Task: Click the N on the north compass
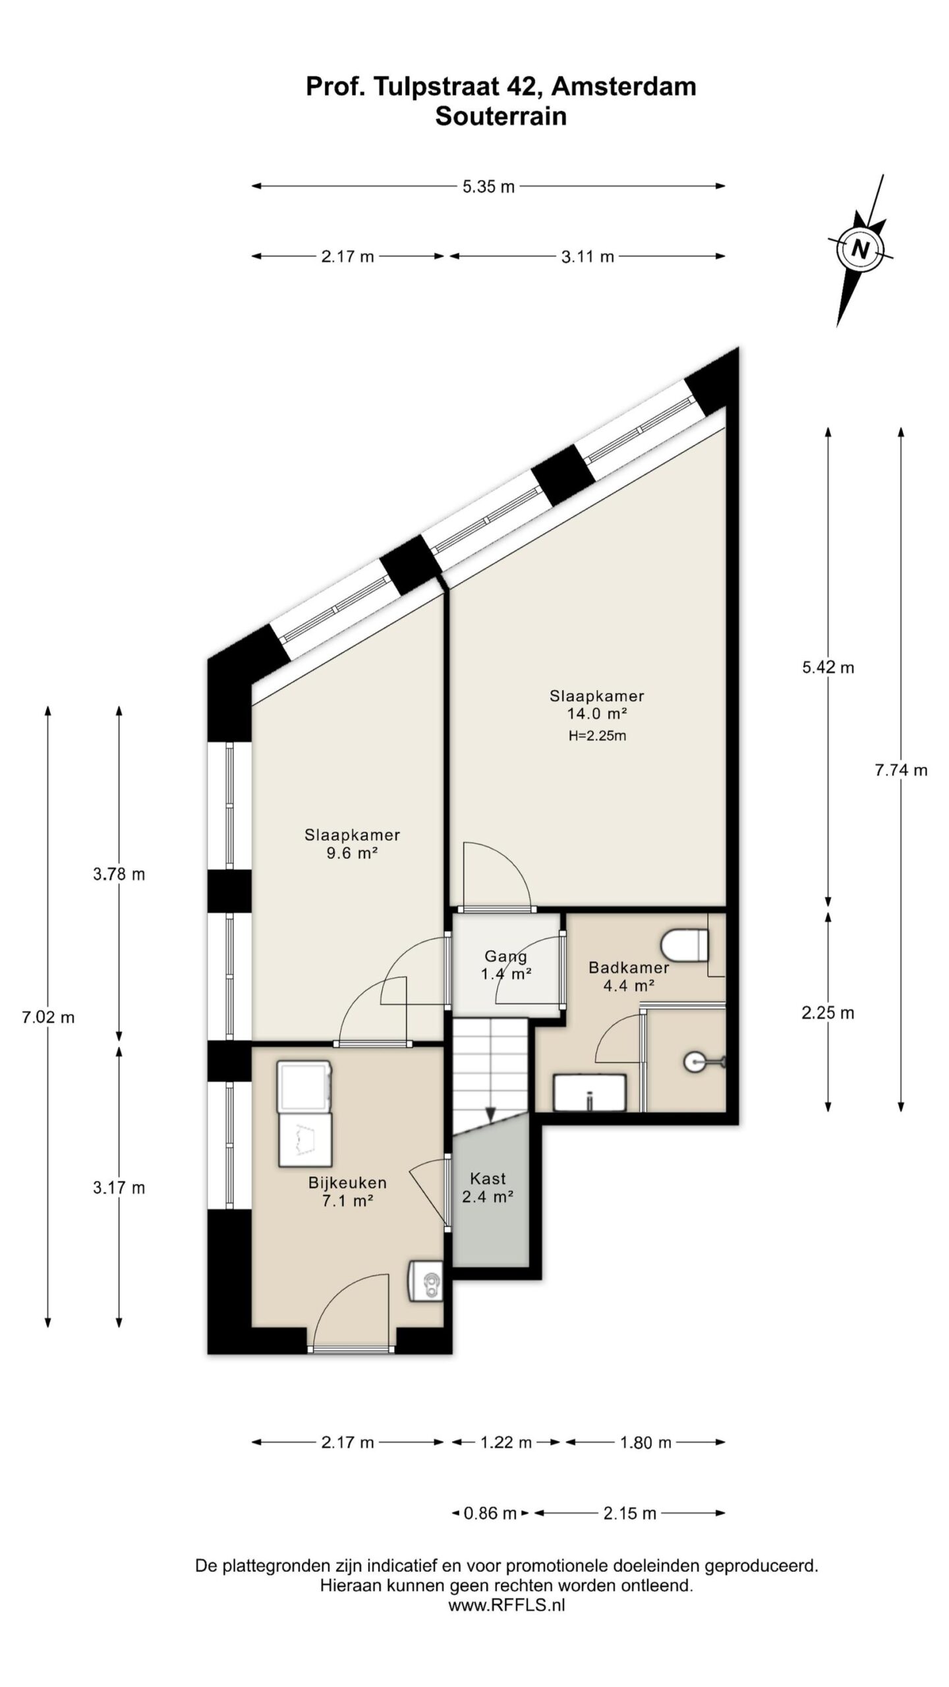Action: click(860, 249)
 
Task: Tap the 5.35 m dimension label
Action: click(488, 186)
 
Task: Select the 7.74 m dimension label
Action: click(901, 770)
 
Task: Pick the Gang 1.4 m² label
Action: click(506, 964)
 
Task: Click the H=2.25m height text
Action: click(597, 736)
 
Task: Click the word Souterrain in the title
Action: click(501, 117)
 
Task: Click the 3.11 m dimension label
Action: click(587, 257)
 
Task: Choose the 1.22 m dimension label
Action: click(506, 1443)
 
